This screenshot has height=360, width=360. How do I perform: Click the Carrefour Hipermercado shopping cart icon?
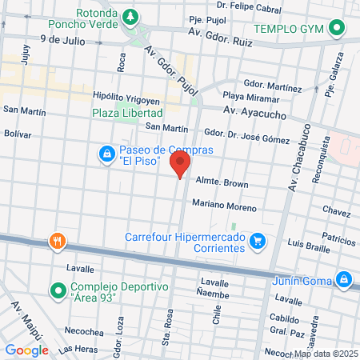pos(257,240)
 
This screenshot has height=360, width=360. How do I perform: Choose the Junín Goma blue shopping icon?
pos(343,279)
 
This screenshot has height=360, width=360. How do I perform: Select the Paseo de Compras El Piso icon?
pos(106,152)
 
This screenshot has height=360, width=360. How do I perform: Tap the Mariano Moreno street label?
pos(224,206)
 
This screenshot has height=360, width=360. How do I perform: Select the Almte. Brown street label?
pos(218,183)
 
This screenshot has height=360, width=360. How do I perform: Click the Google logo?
pos(26,350)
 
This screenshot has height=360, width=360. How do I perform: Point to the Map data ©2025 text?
pos(326,354)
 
